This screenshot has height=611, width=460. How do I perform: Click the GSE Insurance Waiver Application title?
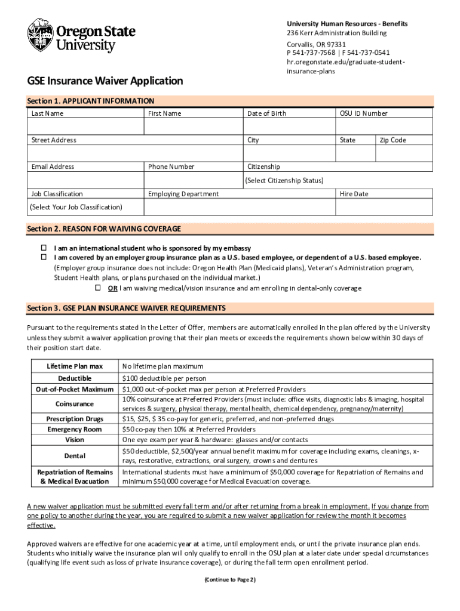[105, 81]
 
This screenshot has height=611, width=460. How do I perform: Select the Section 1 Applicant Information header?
[91, 101]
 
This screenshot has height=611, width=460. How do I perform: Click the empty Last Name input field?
[85, 126]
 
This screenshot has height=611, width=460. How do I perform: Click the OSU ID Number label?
[363, 113]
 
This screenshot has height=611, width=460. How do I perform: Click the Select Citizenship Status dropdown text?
[284, 180]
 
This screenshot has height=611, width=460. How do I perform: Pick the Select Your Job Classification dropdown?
[76, 207]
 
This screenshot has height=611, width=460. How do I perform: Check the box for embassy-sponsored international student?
[44, 248]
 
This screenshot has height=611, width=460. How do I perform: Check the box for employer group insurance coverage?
[44, 257]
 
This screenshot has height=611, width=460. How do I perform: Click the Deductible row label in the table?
[75, 378]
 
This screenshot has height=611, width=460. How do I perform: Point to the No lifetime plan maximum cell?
[162, 366]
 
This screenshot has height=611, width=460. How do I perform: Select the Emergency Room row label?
[75, 429]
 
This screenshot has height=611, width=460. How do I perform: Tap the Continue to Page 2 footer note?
[230, 579]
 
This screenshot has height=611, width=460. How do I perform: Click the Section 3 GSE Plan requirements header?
[127, 308]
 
